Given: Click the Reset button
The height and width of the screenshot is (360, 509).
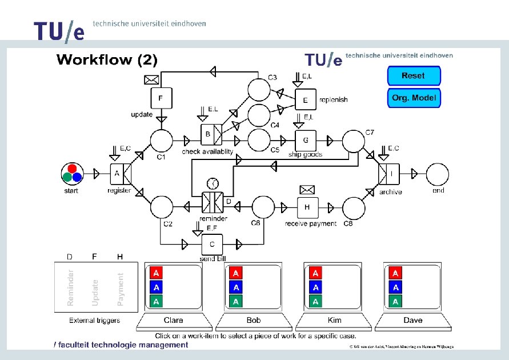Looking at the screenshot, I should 413,76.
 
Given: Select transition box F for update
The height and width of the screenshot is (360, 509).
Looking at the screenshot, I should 161,98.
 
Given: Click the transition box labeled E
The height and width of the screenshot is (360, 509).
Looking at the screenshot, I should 306,99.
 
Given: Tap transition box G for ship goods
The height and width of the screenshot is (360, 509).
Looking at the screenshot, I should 306,140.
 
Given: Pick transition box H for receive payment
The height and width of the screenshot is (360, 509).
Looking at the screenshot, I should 307,207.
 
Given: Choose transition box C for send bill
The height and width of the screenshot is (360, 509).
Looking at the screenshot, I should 212,244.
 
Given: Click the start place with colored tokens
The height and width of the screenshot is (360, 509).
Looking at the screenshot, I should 73,173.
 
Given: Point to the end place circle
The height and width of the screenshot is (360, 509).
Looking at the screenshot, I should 437,173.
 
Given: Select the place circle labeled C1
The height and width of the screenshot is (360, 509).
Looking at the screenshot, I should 161,140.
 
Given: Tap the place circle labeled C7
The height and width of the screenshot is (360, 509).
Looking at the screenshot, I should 354,140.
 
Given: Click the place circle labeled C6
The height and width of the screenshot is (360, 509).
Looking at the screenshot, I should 263,207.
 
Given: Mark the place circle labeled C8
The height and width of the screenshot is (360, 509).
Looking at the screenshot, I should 354,207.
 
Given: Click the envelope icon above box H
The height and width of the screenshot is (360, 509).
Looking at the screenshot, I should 307,190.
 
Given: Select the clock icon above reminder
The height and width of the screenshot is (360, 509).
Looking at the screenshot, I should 212,183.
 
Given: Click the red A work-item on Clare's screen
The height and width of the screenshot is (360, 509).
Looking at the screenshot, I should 157,273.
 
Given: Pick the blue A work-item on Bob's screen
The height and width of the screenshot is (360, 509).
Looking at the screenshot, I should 236,287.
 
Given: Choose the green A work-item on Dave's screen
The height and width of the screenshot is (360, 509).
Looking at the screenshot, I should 395,301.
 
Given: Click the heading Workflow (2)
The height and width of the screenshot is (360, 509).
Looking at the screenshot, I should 107,59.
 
